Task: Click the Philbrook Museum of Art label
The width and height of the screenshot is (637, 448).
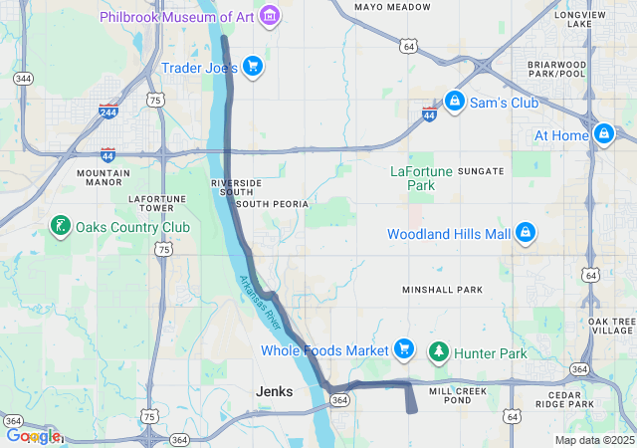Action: pos(176,17)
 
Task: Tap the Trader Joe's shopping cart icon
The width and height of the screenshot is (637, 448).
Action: pos(253,67)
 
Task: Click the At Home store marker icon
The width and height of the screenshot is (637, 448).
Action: pos(603,133)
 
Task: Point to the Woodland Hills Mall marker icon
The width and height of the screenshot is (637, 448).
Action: pos(526,234)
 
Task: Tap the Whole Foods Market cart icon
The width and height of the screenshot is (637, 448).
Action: pos(403,349)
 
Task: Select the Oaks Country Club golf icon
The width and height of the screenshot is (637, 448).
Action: pos(61,226)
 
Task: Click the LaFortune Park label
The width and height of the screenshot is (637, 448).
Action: pos(421,178)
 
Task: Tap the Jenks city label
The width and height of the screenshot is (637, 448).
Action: pos(274,391)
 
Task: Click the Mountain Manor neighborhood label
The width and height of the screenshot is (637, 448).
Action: pos(104,177)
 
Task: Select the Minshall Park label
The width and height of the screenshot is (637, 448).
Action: pos(442,290)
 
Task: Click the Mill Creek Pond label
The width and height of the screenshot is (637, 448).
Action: pos(459,395)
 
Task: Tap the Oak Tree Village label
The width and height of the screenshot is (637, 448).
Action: pos(611,327)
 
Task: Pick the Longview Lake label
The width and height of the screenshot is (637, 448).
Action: pos(580,20)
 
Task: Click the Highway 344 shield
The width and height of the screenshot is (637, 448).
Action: pos(23,79)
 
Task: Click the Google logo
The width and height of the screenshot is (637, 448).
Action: pos(32,436)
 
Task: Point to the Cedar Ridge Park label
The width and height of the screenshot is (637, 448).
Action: pos(564,400)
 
